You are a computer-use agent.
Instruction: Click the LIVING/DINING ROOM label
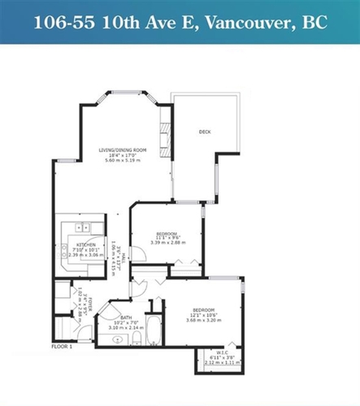point(122,150)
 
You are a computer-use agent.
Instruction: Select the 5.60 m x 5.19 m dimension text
point(122,161)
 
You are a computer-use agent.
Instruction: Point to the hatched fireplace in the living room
point(165,143)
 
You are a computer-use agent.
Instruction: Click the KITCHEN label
point(87,244)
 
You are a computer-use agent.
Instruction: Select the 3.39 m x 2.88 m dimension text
point(167,243)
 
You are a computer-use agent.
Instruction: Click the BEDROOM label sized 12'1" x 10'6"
point(203,309)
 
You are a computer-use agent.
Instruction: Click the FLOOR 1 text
point(63,346)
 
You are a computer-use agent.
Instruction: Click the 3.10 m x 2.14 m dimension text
point(127,328)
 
